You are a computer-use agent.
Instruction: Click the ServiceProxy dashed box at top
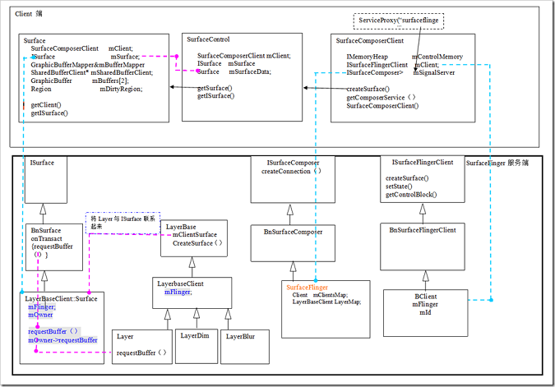pos(399,20)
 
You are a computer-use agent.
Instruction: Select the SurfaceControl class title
pos(208,39)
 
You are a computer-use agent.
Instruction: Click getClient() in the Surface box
pos(47,106)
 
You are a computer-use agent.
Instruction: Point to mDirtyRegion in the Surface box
pos(120,89)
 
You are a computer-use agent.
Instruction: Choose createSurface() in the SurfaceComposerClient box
pos(368,89)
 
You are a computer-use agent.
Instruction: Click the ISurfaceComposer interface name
pos(293,164)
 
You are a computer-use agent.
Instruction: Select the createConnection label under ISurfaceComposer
pos(291,172)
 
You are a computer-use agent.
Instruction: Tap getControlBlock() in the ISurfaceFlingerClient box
pos(411,195)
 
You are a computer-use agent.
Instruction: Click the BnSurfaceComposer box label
pos(293,233)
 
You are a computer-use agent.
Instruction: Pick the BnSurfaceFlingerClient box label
pos(423,230)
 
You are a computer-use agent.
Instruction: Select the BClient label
pos(425,294)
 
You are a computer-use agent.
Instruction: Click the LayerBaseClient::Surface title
pos(61,298)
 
